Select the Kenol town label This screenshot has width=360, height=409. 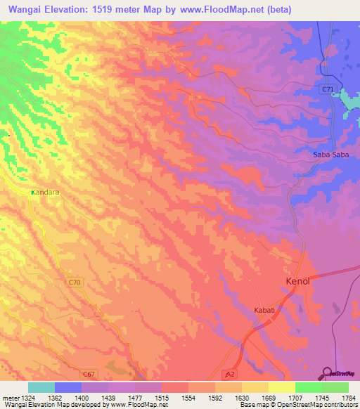click(297, 280)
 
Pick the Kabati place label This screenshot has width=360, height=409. click(266, 309)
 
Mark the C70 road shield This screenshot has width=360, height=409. click(75, 282)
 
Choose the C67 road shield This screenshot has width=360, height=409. click(87, 374)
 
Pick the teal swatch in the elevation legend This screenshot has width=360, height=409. click(41, 387)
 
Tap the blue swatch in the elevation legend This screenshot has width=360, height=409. click(68, 387)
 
